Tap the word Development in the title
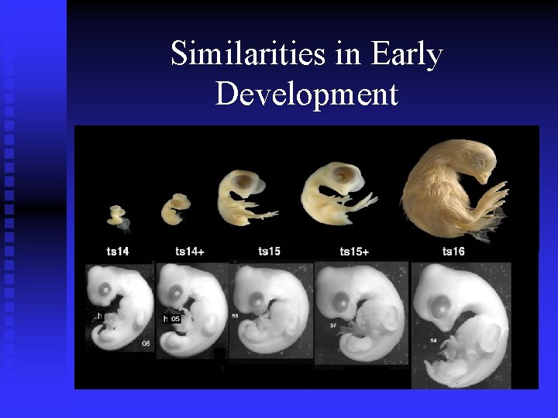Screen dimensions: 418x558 click(307, 94)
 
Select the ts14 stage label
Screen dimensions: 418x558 click(119, 250)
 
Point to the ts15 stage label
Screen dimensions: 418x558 click(270, 250)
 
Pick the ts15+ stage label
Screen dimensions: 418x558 click(355, 250)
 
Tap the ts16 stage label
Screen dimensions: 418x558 click(454, 250)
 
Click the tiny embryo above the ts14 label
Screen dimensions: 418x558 click(118, 216)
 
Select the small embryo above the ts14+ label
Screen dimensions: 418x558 click(176, 207)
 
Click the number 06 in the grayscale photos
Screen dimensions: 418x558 click(146, 344)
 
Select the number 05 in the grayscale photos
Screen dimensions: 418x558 click(175, 318)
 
